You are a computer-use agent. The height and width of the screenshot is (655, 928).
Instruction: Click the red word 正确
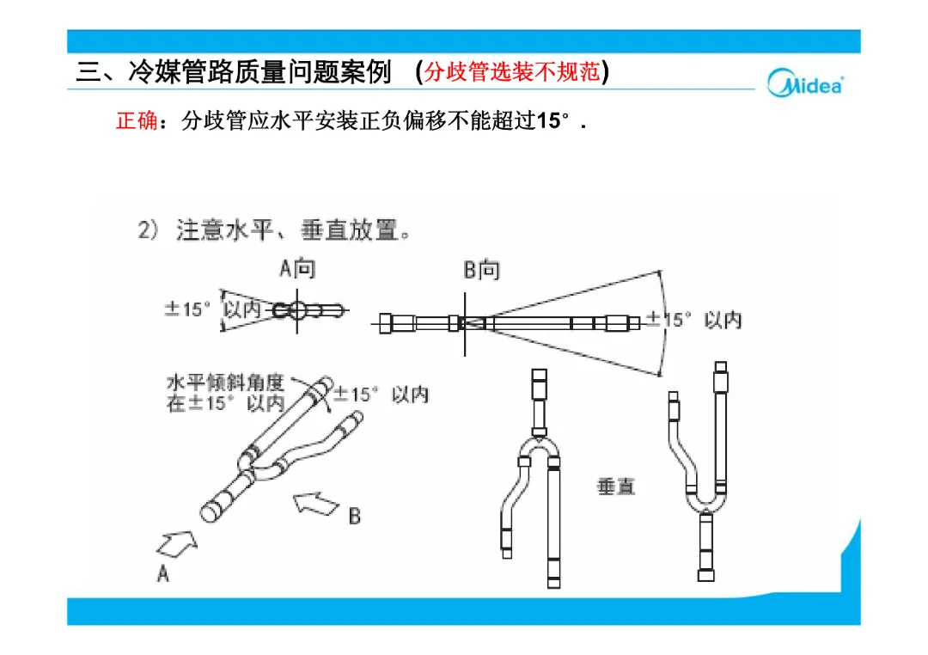[x=137, y=121]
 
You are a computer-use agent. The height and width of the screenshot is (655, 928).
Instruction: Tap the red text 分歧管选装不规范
[x=512, y=71]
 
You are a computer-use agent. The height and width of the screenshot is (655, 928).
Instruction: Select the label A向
[x=297, y=269]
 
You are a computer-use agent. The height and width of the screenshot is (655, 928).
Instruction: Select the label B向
[x=481, y=270]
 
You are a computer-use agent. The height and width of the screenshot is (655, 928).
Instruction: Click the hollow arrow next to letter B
[x=316, y=504]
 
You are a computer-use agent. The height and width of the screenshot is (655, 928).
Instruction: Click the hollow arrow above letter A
[x=177, y=543]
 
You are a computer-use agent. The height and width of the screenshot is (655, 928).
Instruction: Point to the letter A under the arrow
[x=162, y=573]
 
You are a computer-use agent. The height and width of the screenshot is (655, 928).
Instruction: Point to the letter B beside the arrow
[x=355, y=517]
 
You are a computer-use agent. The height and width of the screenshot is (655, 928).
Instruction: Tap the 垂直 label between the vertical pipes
[x=615, y=487]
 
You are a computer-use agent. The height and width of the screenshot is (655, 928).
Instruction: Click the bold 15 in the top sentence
[x=548, y=121]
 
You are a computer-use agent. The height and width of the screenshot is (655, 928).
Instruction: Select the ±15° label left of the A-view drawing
[x=187, y=309]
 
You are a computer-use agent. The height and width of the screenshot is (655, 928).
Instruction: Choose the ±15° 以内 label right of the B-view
[x=693, y=320]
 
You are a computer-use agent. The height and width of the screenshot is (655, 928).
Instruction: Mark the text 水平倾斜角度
[x=225, y=382]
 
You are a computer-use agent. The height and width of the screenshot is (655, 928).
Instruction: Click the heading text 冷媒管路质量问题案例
[x=259, y=71]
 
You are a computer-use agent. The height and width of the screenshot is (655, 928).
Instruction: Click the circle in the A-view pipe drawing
[x=297, y=310]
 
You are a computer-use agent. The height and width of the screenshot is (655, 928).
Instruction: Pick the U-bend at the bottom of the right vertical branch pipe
[x=705, y=501]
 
